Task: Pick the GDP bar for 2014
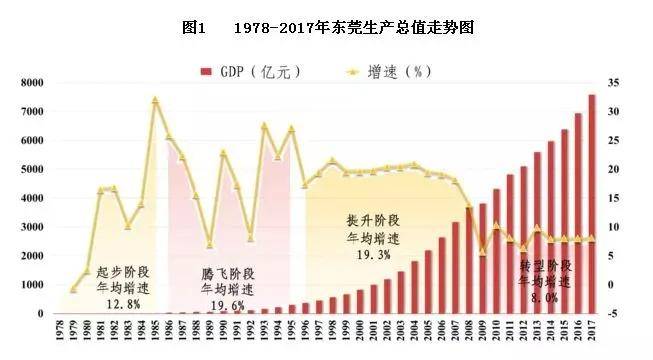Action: click(x=551, y=228)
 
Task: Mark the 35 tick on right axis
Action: click(x=621, y=83)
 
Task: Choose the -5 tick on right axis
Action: click(x=621, y=314)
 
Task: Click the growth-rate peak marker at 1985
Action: click(x=155, y=100)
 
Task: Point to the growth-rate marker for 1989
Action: click(x=209, y=244)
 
